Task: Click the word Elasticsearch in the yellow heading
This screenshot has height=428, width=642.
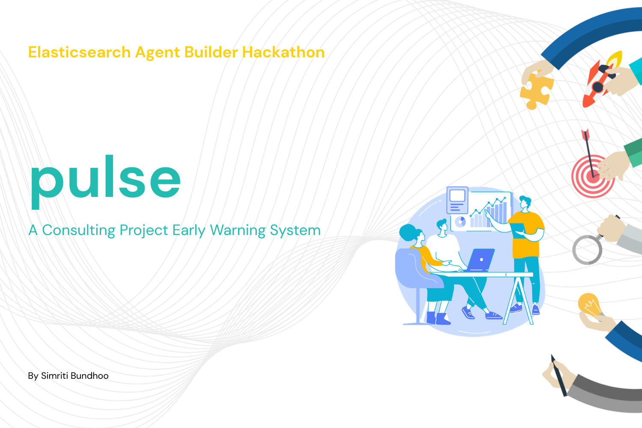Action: [x=79, y=52]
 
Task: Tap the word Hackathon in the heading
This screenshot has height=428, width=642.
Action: [x=283, y=52]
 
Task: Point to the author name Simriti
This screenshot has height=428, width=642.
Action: [x=54, y=376]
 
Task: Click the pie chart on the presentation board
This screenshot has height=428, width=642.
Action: [x=460, y=222]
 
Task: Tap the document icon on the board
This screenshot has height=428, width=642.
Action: [x=458, y=200]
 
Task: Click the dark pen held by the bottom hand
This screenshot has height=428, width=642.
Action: [x=559, y=376]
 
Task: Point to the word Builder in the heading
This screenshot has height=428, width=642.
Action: [x=211, y=52]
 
